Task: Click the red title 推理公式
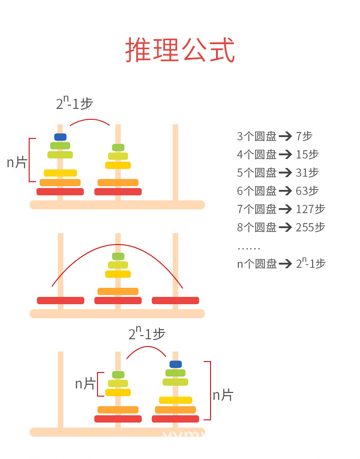click(180, 50)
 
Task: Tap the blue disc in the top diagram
click(60, 137)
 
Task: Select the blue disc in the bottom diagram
click(175, 364)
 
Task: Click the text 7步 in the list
click(304, 136)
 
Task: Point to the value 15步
click(307, 154)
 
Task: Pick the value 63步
click(307, 191)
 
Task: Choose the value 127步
click(310, 209)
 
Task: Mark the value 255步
click(310, 227)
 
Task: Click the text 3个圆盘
click(257, 136)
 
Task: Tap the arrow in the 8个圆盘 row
click(285, 227)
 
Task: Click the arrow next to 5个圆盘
click(285, 173)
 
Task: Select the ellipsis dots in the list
click(249, 249)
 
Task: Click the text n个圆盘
click(257, 264)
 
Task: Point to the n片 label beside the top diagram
click(17, 162)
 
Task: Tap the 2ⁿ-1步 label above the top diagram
click(74, 103)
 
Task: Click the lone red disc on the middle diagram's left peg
click(61, 301)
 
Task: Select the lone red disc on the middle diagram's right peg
click(175, 301)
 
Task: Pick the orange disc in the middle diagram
click(118, 291)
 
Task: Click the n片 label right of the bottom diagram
click(223, 395)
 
